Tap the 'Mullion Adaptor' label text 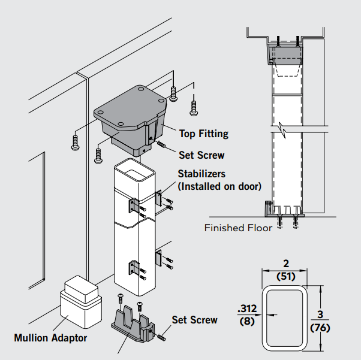(50, 338)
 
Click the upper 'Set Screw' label (201, 155)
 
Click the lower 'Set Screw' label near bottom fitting (194, 320)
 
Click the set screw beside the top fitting (162, 144)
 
